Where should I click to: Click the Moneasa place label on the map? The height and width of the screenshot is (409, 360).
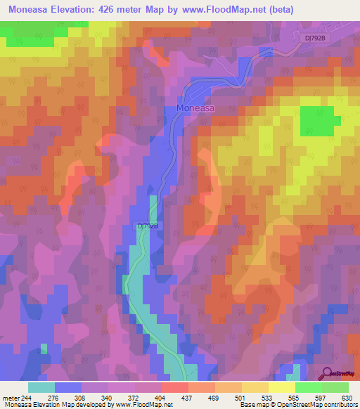pyautogui.click(x=195, y=110)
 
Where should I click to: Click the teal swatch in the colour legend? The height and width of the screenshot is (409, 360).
pyautogui.click(x=41, y=387)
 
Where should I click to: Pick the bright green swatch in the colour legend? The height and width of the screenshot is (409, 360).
pyautogui.click(x=308, y=387)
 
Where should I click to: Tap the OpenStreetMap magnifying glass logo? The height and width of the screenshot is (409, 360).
pyautogui.click(x=328, y=374)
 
